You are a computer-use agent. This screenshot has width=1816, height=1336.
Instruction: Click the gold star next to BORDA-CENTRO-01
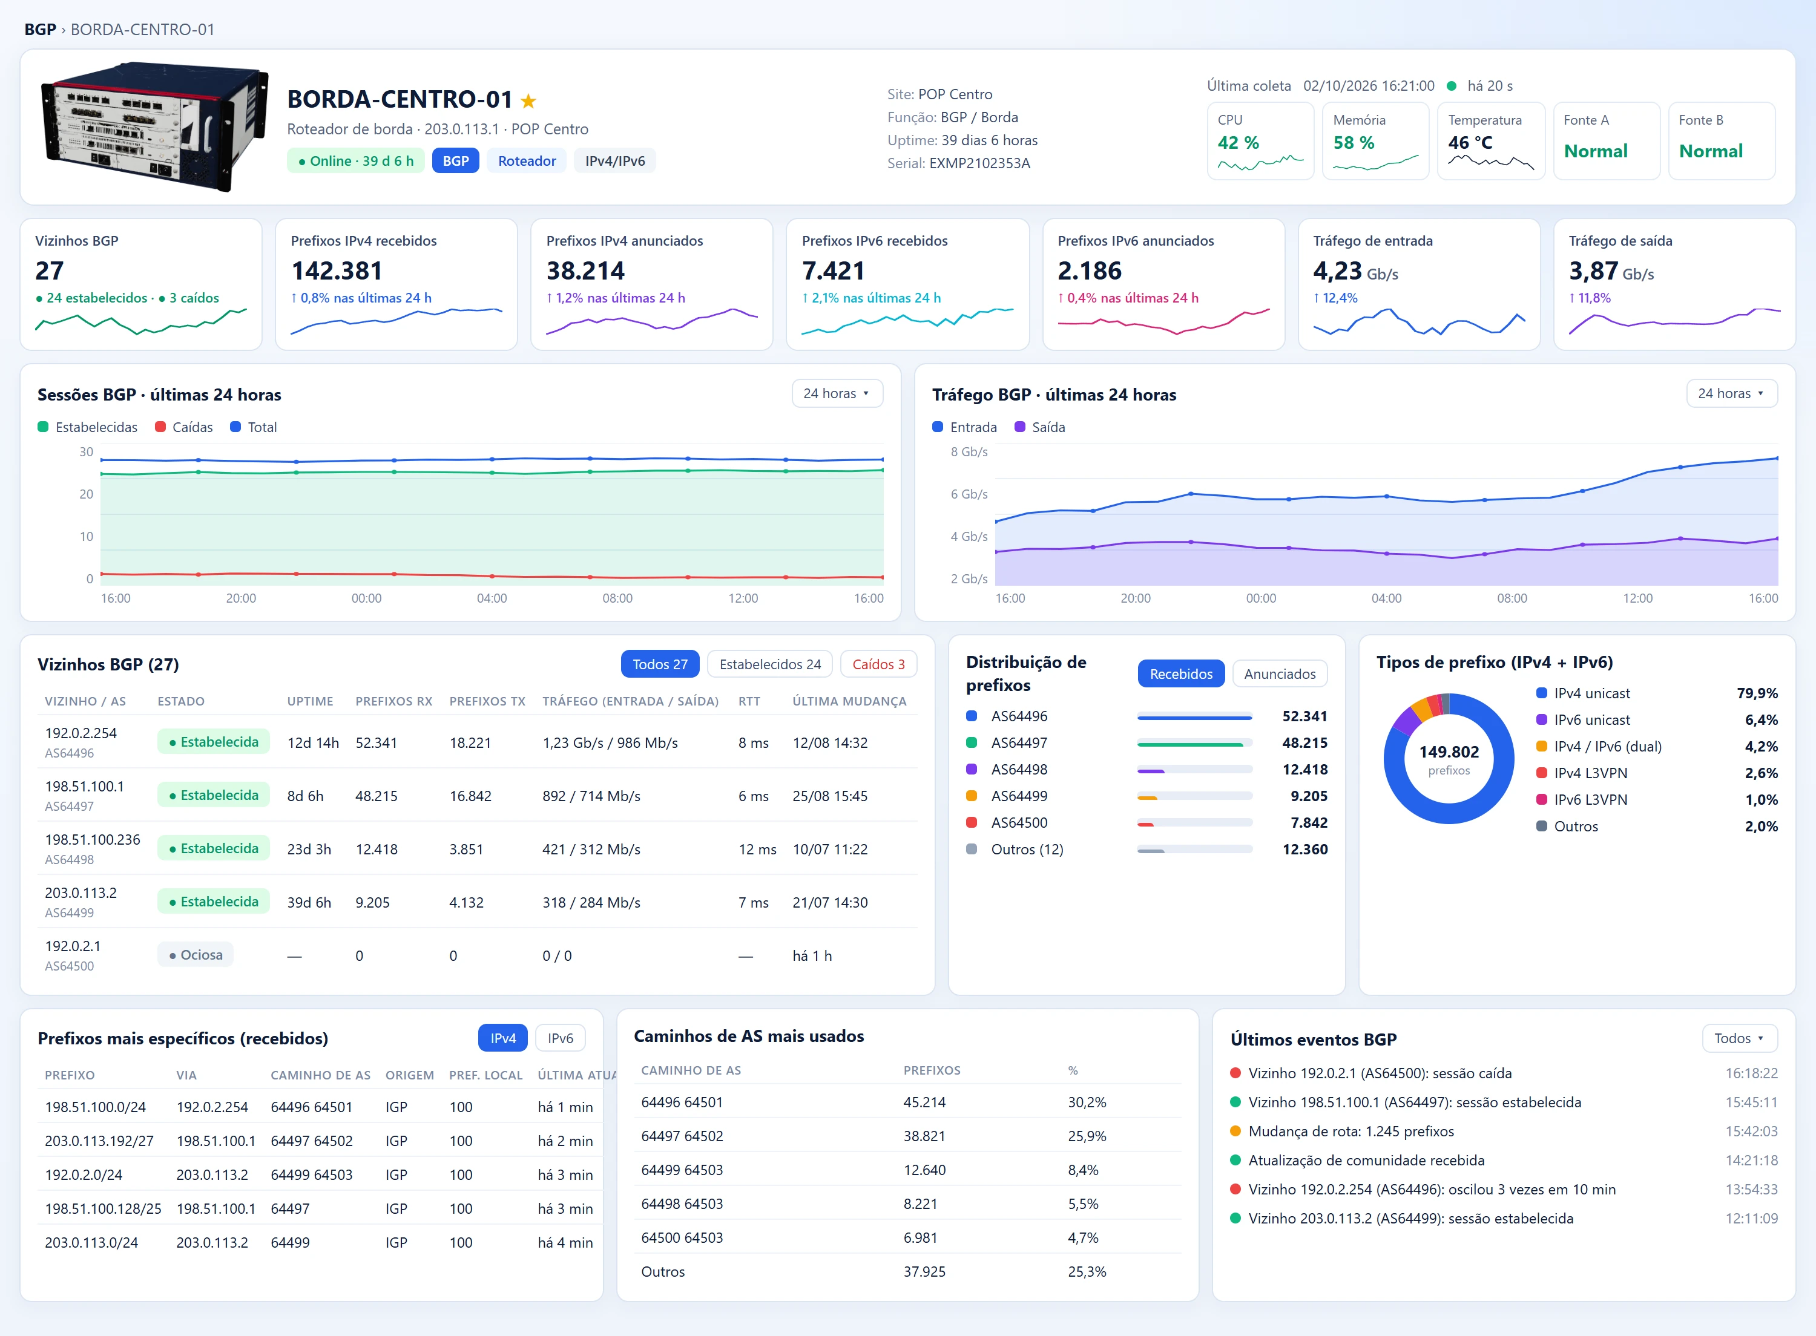click(x=528, y=101)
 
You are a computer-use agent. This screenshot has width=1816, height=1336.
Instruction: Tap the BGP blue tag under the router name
click(x=455, y=161)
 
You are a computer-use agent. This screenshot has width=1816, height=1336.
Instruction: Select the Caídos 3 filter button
click(x=878, y=664)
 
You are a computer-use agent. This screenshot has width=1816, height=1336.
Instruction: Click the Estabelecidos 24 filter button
click(x=770, y=664)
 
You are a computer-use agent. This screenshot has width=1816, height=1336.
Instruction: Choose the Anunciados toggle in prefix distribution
click(x=1280, y=673)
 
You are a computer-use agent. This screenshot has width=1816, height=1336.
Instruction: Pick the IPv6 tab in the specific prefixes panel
click(x=560, y=1038)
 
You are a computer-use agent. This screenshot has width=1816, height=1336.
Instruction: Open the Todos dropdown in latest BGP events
click(x=1739, y=1038)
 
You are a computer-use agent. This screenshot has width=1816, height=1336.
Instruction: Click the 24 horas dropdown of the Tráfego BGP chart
click(x=1731, y=394)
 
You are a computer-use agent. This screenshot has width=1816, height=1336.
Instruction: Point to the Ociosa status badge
click(x=196, y=955)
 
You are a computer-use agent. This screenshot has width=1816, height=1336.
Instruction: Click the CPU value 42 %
click(x=1239, y=142)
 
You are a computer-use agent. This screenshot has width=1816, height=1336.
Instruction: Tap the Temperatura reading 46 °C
click(x=1470, y=142)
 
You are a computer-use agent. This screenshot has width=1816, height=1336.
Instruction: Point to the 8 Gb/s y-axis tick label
click(x=969, y=452)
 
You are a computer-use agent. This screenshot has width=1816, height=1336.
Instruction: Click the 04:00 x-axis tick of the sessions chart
click(x=492, y=598)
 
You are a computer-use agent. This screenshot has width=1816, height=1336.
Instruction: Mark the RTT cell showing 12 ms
click(x=757, y=849)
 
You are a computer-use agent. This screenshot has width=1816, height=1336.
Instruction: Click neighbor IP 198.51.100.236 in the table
click(x=92, y=839)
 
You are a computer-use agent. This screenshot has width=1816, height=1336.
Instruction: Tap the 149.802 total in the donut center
click(x=1449, y=752)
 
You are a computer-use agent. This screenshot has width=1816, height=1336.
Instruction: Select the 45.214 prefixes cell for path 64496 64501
click(x=924, y=1102)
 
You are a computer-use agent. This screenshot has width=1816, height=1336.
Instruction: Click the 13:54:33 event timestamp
click(x=1751, y=1190)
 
